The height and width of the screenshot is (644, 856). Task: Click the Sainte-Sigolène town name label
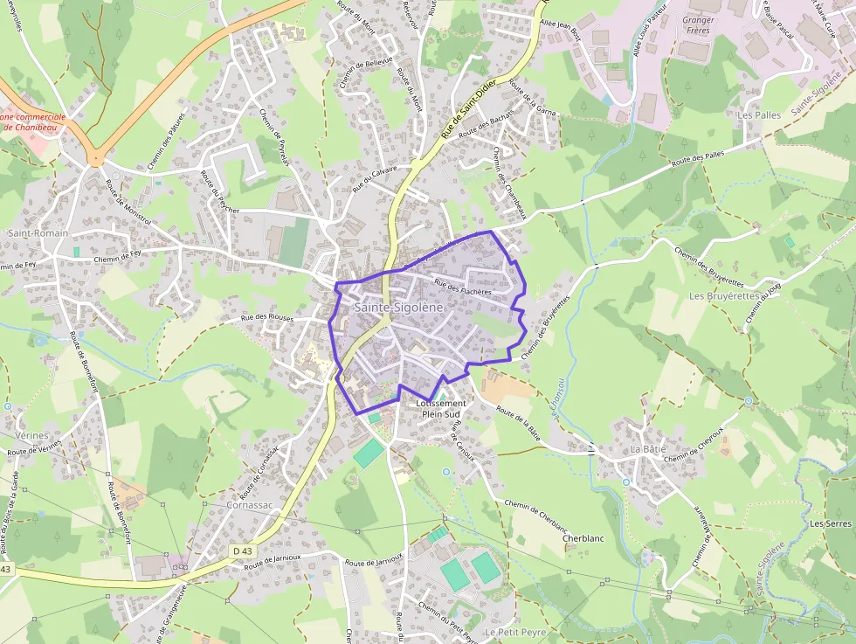pyautogui.click(x=399, y=308)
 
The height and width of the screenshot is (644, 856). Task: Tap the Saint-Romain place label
pyautogui.click(x=31, y=233)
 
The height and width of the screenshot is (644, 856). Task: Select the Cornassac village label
pyautogui.click(x=224, y=505)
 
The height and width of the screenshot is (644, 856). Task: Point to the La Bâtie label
pyautogui.click(x=647, y=448)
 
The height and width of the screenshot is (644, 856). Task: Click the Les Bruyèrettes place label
pyautogui.click(x=722, y=296)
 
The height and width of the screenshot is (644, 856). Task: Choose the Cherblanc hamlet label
pyautogui.click(x=583, y=538)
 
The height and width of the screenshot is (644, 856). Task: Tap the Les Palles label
pyautogui.click(x=759, y=114)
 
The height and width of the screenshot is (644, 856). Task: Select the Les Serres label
pyautogui.click(x=830, y=523)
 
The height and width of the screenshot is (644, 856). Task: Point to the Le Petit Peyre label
pyautogui.click(x=515, y=632)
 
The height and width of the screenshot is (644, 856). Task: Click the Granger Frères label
pyautogui.click(x=698, y=25)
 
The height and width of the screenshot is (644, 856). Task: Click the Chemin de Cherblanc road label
pyautogui.click(x=536, y=516)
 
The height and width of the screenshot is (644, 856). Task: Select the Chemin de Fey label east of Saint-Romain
pyautogui.click(x=117, y=257)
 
